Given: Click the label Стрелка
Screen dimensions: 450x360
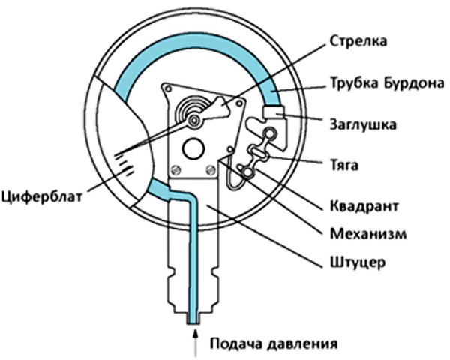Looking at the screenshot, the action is coord(358,41).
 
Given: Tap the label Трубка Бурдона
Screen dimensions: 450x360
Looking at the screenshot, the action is coord(388,83).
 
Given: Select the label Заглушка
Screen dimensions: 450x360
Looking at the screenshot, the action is coord(363,124).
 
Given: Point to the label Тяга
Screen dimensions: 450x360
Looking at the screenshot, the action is coord(344,165).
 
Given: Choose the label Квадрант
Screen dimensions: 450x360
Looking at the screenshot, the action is coord(364,206).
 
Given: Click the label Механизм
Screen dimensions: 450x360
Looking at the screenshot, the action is coord(368,233).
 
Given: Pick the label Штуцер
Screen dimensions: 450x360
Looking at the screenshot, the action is coord(358,262).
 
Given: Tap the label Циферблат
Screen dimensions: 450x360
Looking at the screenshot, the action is coord(42,197).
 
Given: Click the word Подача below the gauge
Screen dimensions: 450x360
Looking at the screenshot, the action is coord(235,343).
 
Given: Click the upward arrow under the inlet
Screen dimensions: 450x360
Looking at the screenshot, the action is coord(196,343).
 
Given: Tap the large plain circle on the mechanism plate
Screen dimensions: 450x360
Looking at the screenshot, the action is coord(194,148).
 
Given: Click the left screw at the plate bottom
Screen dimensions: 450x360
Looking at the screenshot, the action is coord(175,170).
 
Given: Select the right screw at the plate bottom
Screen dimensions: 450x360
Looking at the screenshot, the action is coord(211,170).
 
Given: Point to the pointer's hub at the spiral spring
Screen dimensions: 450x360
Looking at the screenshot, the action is coord(194,121).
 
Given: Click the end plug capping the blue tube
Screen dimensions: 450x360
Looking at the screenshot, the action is coord(274,112).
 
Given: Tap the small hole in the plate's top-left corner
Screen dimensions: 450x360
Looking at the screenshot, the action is coord(168,89).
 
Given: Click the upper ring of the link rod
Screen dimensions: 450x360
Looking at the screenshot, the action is coord(270,133).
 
